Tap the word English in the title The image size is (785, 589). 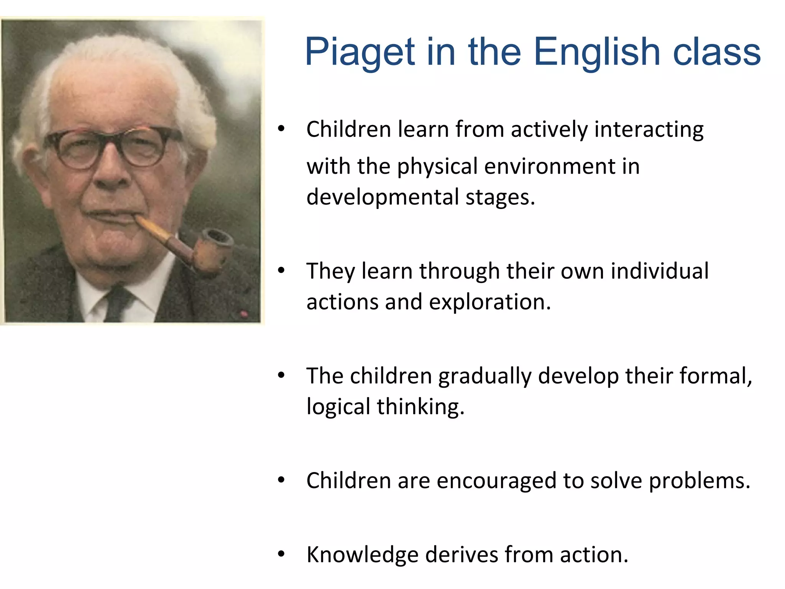[x=596, y=52]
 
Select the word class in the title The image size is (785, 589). [x=716, y=52]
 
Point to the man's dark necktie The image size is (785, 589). [x=117, y=303]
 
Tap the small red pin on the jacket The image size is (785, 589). [x=244, y=314]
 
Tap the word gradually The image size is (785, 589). [x=484, y=376]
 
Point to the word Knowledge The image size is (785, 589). [x=362, y=554]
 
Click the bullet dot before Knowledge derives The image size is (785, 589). [x=281, y=554]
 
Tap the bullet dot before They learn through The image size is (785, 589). [x=281, y=271]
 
